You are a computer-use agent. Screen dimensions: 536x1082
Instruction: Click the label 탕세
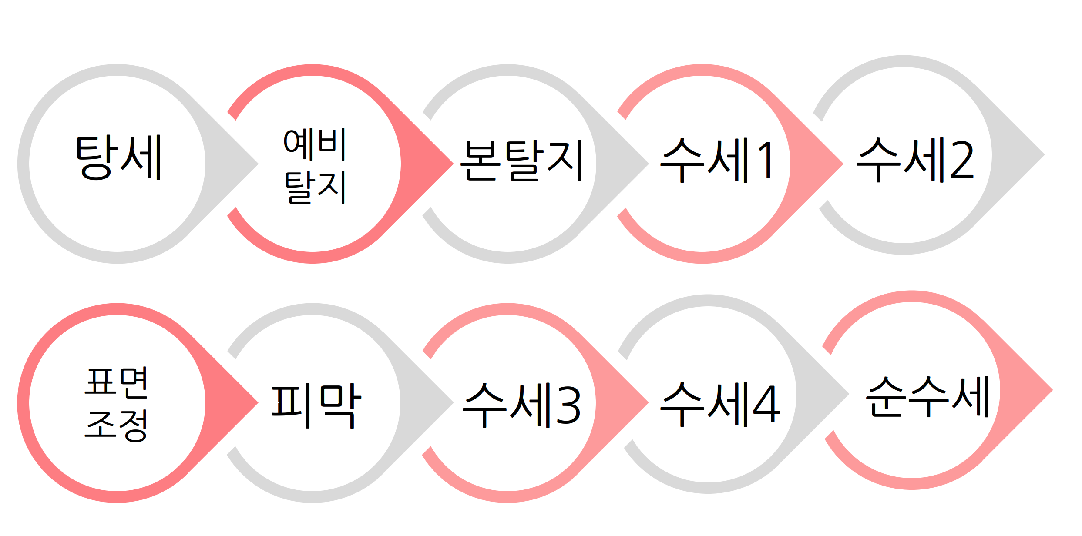tap(118, 157)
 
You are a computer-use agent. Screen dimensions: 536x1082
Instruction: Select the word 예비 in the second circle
tap(314, 144)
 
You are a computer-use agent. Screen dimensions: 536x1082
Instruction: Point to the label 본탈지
tap(521, 160)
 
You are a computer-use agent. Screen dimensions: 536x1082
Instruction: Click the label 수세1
tap(716, 160)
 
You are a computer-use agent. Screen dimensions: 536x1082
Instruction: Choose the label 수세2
tap(915, 160)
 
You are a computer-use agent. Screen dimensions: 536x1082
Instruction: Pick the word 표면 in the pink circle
tap(117, 382)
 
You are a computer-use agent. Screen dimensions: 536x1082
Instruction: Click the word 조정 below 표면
tap(117, 425)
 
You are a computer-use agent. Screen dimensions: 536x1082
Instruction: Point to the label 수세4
tap(720, 404)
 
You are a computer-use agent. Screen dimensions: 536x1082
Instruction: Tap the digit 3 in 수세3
tap(568, 405)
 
